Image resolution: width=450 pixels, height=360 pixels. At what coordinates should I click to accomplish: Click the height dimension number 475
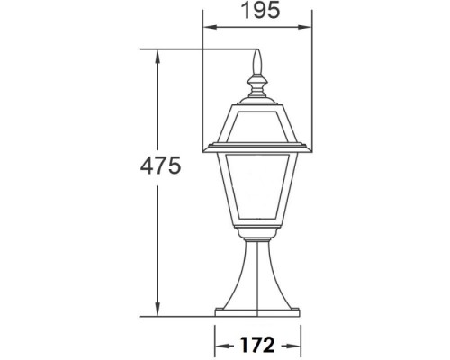click(166, 166)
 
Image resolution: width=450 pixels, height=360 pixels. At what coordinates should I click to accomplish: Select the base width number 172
click(256, 344)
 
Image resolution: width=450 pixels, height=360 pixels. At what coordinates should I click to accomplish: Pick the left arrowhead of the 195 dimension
click(205, 28)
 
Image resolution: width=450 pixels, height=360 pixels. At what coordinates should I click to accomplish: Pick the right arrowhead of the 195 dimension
click(306, 28)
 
